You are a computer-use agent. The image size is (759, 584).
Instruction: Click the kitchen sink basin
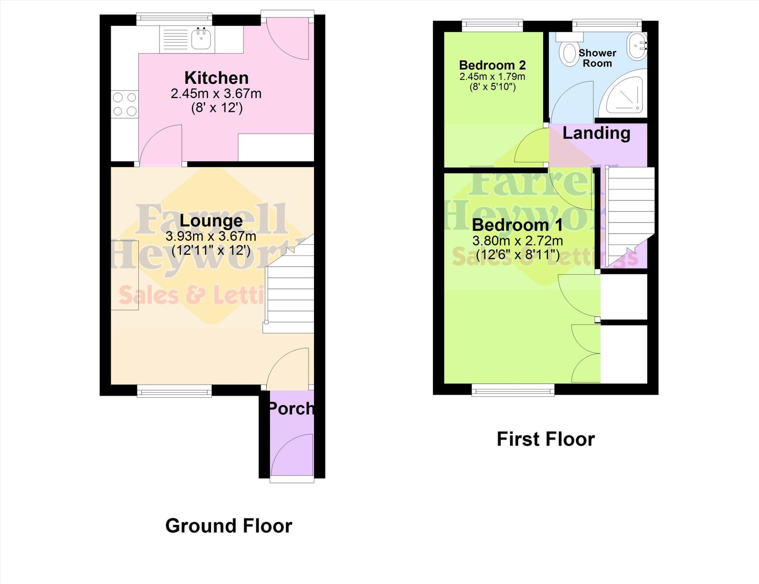[201, 38]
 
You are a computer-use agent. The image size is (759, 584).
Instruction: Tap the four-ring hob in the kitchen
[125, 104]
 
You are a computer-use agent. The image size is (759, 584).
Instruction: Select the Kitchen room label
[216, 78]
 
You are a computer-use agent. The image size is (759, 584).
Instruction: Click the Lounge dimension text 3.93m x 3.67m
[211, 236]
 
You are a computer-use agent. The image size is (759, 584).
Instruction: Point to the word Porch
[291, 408]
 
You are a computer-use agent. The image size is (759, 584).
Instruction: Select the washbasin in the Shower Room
[637, 46]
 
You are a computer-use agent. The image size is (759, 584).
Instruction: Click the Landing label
[596, 133]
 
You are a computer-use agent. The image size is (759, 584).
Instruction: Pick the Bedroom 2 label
[492, 65]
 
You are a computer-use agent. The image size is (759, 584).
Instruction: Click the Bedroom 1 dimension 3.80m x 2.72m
[517, 241]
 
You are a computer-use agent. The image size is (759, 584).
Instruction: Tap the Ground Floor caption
[229, 526]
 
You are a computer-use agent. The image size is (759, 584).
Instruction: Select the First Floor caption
[546, 439]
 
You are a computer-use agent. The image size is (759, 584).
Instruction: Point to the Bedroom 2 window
[492, 26]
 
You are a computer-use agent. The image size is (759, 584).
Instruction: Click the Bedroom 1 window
[513, 389]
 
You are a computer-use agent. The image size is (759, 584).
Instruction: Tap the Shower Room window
[607, 26]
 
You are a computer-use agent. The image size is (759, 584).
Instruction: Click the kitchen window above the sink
[174, 20]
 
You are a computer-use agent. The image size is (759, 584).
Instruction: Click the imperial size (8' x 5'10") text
[492, 87]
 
